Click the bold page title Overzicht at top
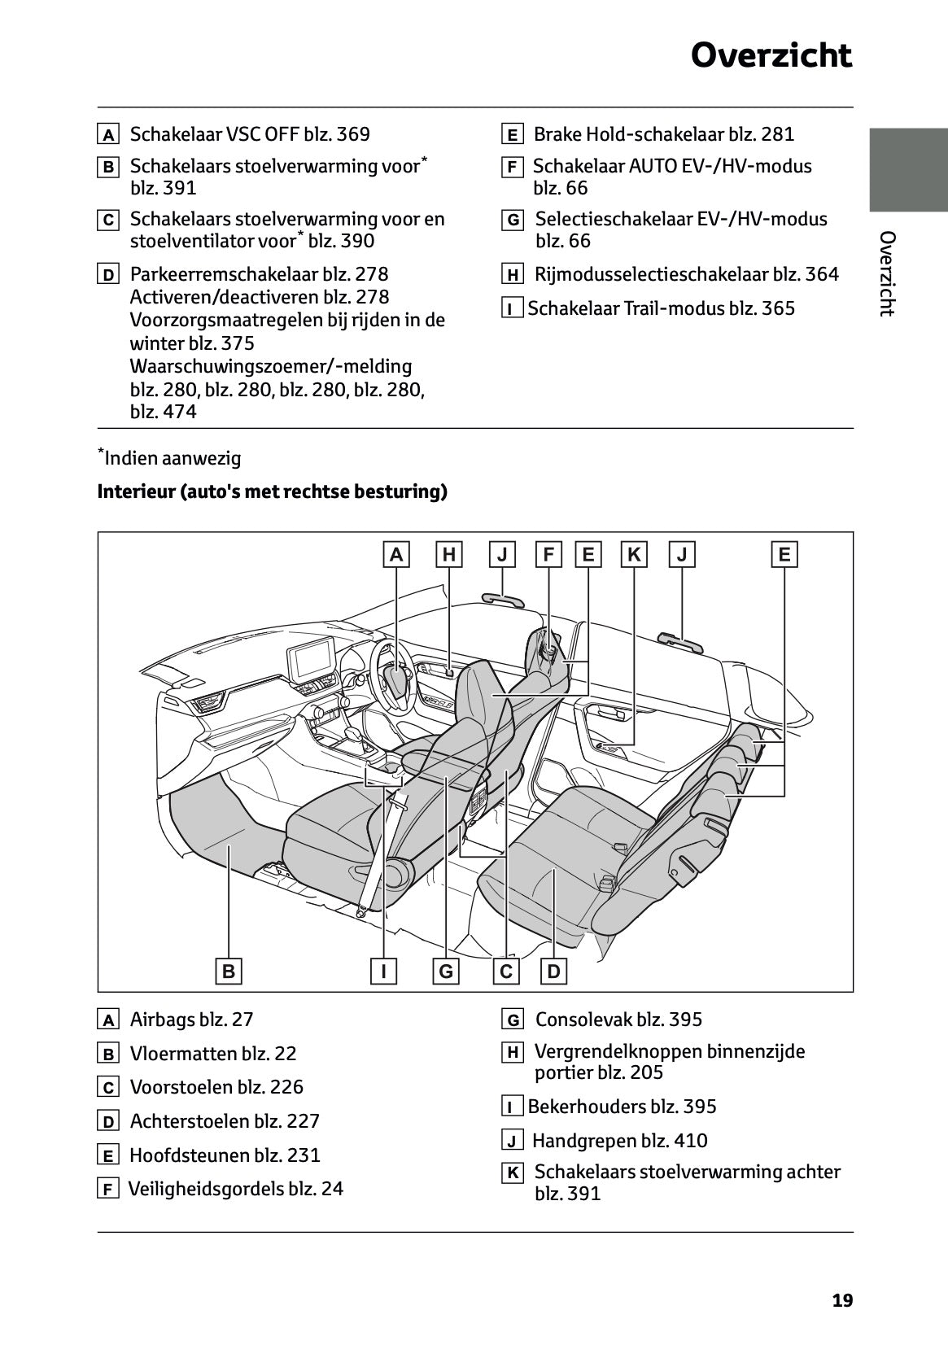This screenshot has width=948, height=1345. click(771, 56)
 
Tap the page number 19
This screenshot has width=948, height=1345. click(842, 1300)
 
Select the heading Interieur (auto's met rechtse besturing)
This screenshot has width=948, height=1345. click(272, 492)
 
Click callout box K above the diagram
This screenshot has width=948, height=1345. click(633, 555)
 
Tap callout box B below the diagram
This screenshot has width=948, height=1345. click(229, 971)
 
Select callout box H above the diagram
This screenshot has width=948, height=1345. click(448, 555)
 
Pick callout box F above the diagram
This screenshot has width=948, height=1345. click(548, 555)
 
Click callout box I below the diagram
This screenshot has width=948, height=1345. click(383, 971)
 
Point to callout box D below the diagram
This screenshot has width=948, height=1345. click(553, 971)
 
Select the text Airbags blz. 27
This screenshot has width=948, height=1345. click(191, 1020)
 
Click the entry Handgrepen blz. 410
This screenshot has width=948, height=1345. click(619, 1141)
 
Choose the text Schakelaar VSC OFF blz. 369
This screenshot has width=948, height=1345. click(250, 134)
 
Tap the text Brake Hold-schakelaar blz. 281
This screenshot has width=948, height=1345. click(663, 134)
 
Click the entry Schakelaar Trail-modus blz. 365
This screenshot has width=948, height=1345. click(661, 308)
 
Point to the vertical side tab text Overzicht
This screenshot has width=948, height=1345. click(887, 273)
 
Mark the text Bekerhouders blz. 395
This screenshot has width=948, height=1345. click(622, 1107)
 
